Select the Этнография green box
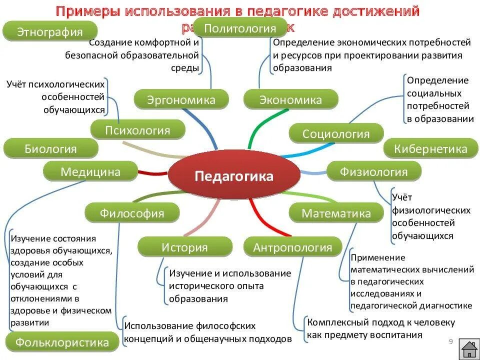tap(49, 32)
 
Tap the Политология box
tap(240, 28)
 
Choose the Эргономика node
tap(181, 99)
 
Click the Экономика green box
tap(290, 100)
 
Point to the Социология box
tap(336, 133)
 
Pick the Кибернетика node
tap(430, 148)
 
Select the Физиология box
tap(373, 172)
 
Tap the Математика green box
tap(336, 213)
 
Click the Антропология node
tap(292, 247)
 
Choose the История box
tap(184, 247)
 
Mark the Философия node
tap(131, 213)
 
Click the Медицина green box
tap(90, 172)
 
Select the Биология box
tap(50, 148)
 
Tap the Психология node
tap(137, 130)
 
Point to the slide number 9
tap(450, 342)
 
